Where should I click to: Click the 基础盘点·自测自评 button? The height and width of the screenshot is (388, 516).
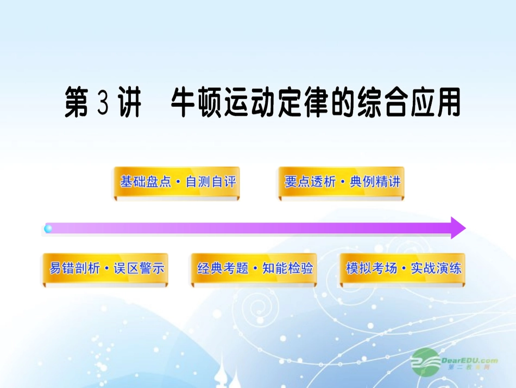(177, 182)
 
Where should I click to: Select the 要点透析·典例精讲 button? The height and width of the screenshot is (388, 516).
(342, 182)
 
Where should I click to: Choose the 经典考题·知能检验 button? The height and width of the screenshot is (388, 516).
(255, 268)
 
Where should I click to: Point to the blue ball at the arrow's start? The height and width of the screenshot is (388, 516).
(48, 229)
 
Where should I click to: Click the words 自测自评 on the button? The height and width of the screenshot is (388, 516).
(211, 182)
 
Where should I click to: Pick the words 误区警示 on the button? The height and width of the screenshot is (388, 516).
(139, 268)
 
